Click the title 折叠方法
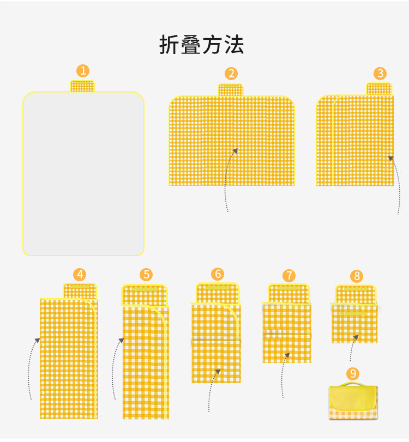(x=201, y=45)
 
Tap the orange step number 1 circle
(x=83, y=70)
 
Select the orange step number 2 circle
(x=231, y=74)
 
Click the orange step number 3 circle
(x=380, y=74)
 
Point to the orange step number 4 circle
(x=80, y=274)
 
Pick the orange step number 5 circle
(x=146, y=275)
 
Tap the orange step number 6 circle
(x=218, y=274)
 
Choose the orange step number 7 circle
(x=289, y=275)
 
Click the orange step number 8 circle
(x=357, y=276)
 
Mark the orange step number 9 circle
(x=353, y=373)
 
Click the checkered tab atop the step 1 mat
(x=82, y=86)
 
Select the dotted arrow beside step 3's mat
(x=397, y=183)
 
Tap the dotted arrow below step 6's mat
(x=212, y=389)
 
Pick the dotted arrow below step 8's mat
(x=353, y=348)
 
